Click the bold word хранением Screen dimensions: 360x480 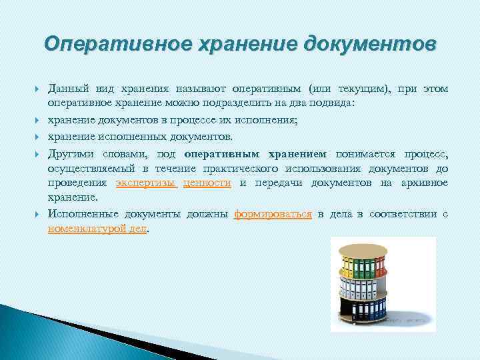298,153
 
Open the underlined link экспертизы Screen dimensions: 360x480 145,183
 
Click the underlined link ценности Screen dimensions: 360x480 207,183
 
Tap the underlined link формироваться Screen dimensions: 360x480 273,214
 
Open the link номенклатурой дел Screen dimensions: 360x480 97,229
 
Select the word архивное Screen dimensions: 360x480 425,183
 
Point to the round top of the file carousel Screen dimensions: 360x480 363,250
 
